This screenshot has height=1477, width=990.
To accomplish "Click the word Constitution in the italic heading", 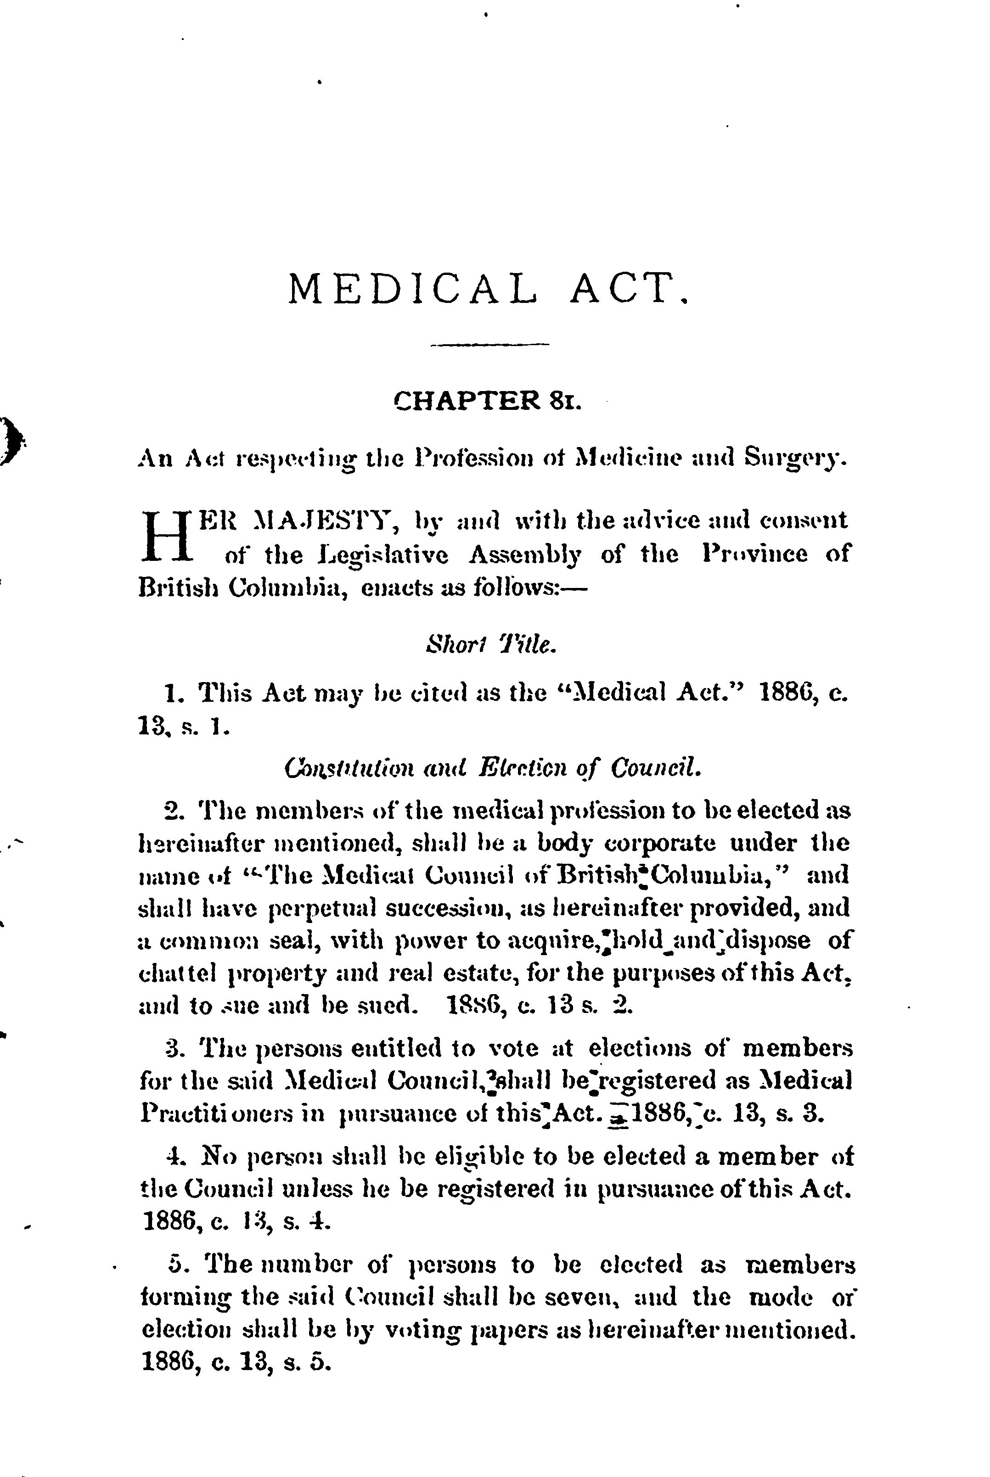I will (338, 768).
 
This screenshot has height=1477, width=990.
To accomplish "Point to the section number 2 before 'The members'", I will (171, 810).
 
